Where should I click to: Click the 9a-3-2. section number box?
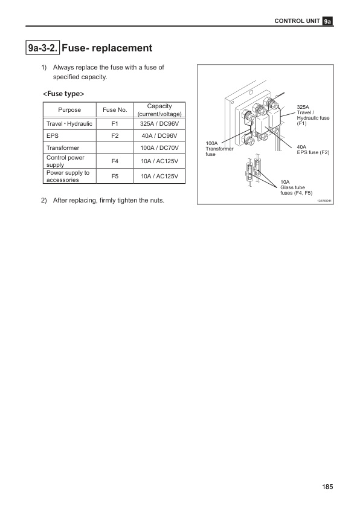[43, 47]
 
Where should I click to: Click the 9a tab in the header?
[327, 21]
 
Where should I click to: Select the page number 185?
[327, 486]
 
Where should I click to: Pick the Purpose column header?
[69, 110]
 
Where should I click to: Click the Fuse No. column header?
[114, 110]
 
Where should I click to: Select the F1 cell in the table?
[114, 124]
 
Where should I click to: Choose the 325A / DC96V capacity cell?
[155, 124]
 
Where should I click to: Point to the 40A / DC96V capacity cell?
[155, 136]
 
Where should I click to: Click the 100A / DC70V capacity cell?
[155, 148]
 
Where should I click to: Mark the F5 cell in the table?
[114, 176]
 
